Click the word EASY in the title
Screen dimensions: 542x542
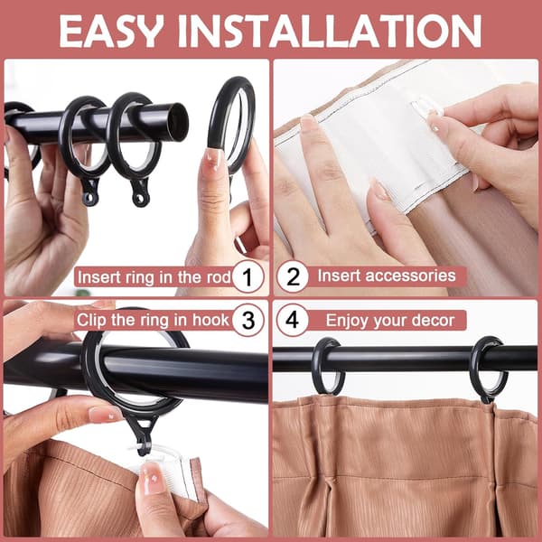110,31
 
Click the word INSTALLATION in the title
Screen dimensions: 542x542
330,31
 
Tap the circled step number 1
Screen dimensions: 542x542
248,277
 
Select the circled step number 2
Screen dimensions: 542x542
293,276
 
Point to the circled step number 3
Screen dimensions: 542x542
248,320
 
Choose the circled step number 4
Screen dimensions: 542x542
292,320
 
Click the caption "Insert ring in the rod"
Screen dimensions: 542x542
154,277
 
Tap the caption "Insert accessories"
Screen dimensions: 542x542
387,276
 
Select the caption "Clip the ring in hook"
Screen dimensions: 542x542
153,320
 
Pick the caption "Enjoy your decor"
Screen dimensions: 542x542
390,321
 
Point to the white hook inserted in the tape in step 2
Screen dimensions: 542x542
426,107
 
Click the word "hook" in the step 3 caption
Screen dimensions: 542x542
210,320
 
